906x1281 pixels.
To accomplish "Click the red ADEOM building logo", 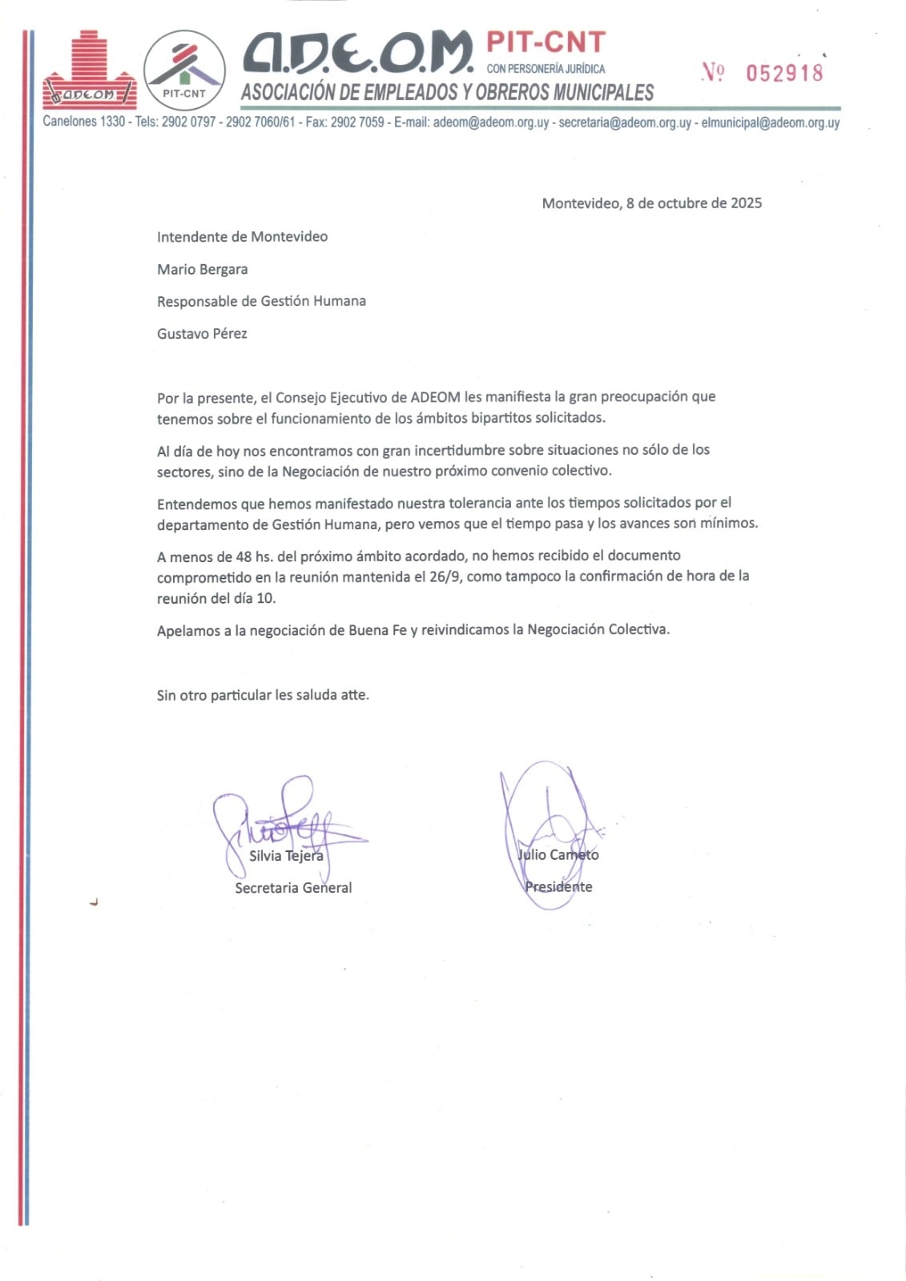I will pyautogui.click(x=89, y=71).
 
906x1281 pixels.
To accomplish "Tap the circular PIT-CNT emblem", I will pyautogui.click(x=184, y=71).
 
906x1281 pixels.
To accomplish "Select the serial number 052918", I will pyautogui.click(x=784, y=73).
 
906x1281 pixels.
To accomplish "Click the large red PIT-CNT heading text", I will pyautogui.click(x=546, y=42).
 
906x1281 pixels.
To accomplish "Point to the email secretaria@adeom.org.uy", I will pyautogui.click(x=625, y=122).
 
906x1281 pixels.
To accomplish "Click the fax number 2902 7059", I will pyautogui.click(x=357, y=122).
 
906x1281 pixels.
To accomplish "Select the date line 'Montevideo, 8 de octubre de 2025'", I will pyautogui.click(x=651, y=203).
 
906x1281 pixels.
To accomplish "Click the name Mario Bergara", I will pyautogui.click(x=202, y=269).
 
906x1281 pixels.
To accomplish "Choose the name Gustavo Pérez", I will pyautogui.click(x=202, y=334).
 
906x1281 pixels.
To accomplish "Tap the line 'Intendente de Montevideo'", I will pyautogui.click(x=242, y=237).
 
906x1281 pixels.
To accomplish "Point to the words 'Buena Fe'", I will pyautogui.click(x=378, y=630).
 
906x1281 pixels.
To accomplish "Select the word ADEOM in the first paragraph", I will pyautogui.click(x=435, y=397).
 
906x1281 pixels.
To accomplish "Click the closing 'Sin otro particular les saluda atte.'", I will pyautogui.click(x=263, y=695).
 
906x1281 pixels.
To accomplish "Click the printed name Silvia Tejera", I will pyautogui.click(x=286, y=856).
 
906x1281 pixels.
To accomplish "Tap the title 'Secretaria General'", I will pyautogui.click(x=293, y=888).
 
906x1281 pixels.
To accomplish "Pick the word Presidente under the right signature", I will pyautogui.click(x=558, y=886).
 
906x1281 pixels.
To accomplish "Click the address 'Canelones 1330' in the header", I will pyautogui.click(x=84, y=122).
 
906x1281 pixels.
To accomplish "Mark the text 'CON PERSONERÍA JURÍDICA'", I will pyautogui.click(x=546, y=69).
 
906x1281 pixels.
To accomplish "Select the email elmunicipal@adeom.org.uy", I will pyautogui.click(x=770, y=122).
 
